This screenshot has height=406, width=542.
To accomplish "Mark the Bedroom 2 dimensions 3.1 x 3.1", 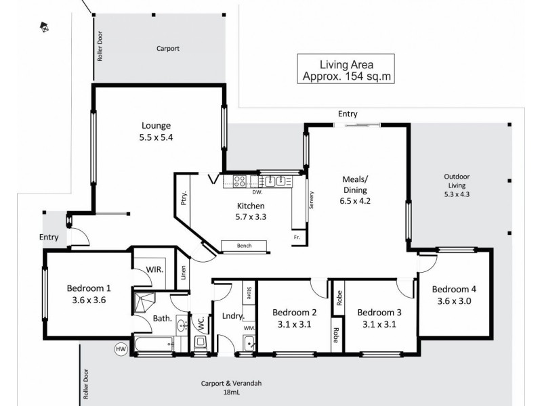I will coord(295,323).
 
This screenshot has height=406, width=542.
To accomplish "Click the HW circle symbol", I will coord(121,348).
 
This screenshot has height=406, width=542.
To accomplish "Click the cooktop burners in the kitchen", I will coord(240,181).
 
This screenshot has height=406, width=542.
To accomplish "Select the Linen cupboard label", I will coord(183,273).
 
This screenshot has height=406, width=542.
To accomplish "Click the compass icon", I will coord(44,28).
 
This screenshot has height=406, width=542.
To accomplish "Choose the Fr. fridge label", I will coord(297,238).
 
